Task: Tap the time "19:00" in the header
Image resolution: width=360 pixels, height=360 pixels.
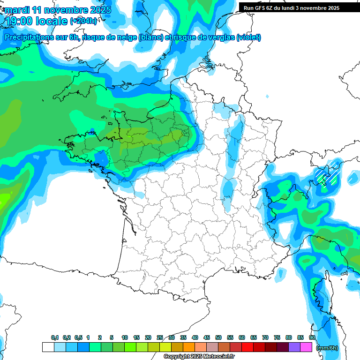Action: point(22,21)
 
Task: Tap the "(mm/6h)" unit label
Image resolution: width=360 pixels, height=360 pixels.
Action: point(327,347)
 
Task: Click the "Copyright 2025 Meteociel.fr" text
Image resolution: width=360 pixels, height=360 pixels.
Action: point(199,357)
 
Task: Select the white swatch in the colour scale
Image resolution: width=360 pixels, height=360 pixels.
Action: point(48,347)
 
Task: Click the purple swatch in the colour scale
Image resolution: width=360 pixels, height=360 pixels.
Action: point(294,347)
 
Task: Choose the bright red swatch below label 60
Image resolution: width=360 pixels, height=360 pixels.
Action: point(247,347)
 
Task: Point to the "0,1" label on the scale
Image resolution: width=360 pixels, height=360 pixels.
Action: point(54,338)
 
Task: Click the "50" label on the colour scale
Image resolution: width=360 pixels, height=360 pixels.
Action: point(218,338)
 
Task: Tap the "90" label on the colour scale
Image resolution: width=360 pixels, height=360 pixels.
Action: point(312,338)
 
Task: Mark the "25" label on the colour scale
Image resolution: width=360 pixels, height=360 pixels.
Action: point(160,338)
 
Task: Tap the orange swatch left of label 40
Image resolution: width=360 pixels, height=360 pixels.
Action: point(189,347)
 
